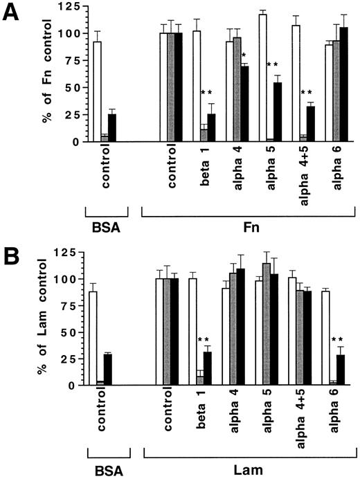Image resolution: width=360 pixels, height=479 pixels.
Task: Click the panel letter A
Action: tap(12, 13)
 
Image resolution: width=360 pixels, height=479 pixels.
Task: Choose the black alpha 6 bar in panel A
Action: tap(343, 84)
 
